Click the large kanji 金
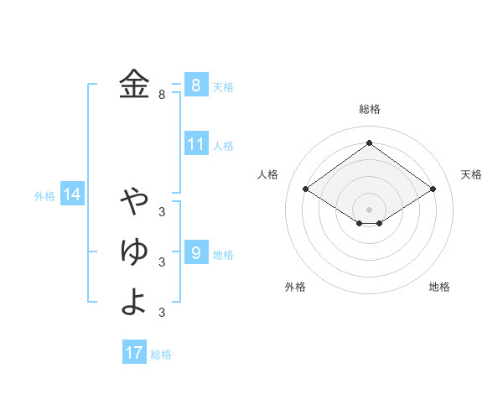pos(134,84)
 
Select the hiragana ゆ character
pos(134,251)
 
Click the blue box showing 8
pos(195,85)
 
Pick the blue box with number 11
pos(195,144)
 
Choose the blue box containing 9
pos(195,252)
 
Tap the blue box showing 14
pos(72,195)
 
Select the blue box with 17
pos(134,353)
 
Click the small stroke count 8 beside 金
pos(162,95)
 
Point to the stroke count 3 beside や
pos(162,211)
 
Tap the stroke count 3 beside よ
pos(162,313)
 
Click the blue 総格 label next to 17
pos(161,355)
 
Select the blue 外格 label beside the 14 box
pos(44,196)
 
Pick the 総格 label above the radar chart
pos(369,109)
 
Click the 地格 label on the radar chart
pos(439,287)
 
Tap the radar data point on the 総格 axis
pos(369,143)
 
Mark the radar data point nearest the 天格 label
pos(433,189)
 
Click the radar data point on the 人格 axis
pos(306,189)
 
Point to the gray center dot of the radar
pos(369,209)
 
